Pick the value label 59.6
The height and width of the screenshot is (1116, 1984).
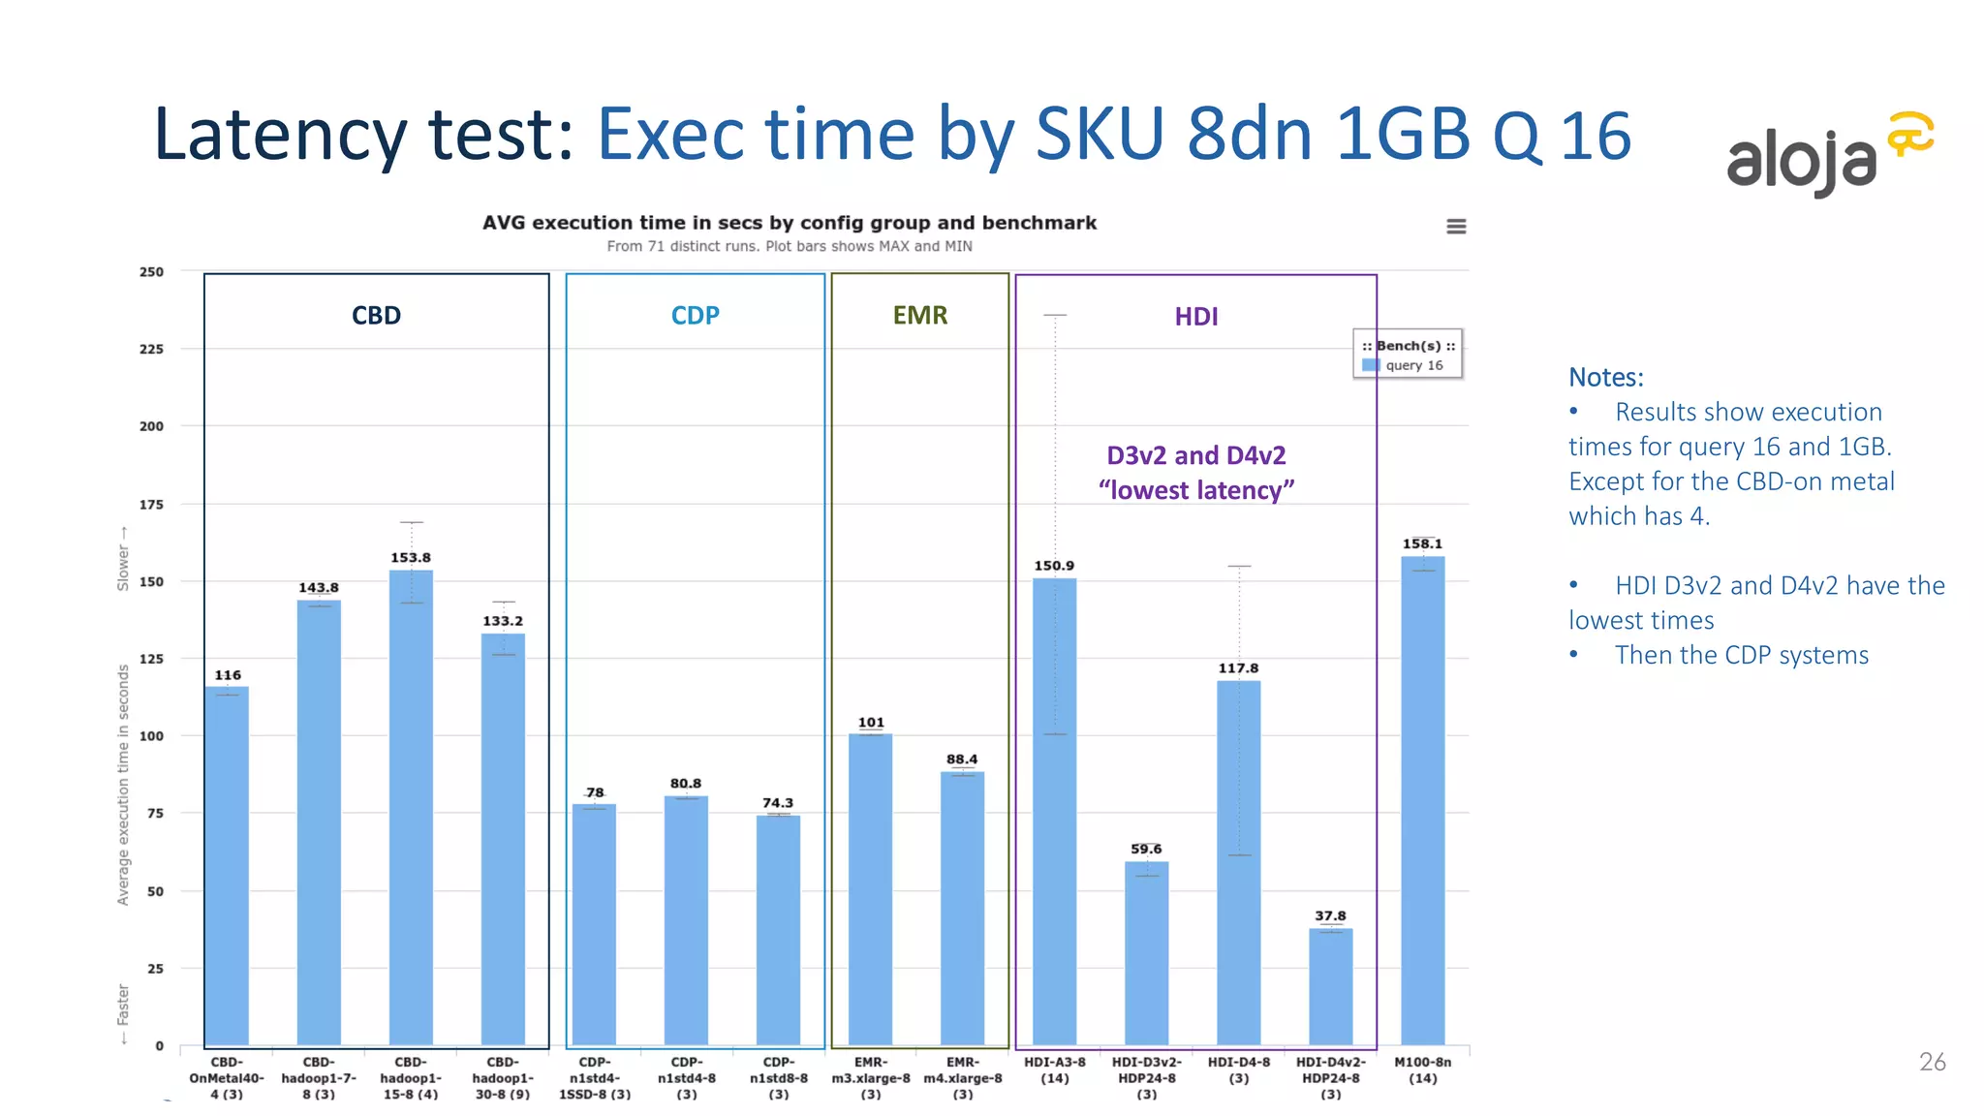click(x=1146, y=849)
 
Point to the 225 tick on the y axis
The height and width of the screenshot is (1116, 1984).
click(x=151, y=349)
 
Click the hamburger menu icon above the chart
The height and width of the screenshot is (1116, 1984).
click(x=1456, y=227)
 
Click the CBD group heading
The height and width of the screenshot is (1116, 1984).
click(x=376, y=316)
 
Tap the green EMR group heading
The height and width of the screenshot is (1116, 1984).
click(x=919, y=316)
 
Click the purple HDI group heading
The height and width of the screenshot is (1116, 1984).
click(x=1195, y=317)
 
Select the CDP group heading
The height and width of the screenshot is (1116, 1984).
click(x=695, y=316)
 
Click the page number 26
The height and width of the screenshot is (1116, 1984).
click(x=1932, y=1062)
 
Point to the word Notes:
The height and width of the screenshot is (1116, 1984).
click(x=1605, y=377)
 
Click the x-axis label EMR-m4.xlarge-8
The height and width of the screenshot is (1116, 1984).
click(x=962, y=1077)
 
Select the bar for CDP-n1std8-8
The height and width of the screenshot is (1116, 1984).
click(x=778, y=930)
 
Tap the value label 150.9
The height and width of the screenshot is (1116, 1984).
click(x=1054, y=566)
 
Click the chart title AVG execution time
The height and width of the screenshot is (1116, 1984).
click(x=789, y=223)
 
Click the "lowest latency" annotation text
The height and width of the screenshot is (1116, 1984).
click(x=1195, y=490)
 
